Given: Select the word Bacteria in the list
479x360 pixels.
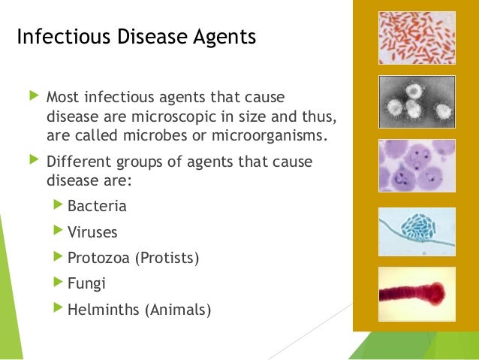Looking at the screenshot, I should click(x=97, y=206).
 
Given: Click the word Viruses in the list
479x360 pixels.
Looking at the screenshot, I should click(x=92, y=232).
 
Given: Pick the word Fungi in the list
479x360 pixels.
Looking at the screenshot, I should click(x=86, y=283).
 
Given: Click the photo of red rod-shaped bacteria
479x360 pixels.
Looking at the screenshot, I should click(x=417, y=38).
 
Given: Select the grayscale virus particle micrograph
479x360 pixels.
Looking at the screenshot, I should click(x=417, y=101).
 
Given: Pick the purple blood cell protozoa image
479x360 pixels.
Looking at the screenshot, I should click(x=417, y=165).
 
